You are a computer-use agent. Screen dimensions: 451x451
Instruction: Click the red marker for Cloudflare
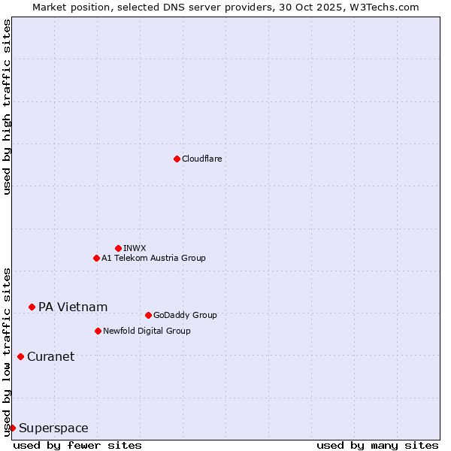tap(177, 159)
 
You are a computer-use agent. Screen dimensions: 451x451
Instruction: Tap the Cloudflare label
tap(202, 159)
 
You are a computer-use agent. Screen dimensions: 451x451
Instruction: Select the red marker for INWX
tap(118, 248)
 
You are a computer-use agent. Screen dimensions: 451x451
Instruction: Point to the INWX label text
tap(135, 248)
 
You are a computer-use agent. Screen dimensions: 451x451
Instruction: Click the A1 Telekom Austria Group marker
tap(96, 258)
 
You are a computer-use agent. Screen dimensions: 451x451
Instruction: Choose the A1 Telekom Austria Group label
tap(153, 258)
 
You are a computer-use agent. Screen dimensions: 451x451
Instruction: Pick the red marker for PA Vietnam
tap(32, 307)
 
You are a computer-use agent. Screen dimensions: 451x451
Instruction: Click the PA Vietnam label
tap(73, 307)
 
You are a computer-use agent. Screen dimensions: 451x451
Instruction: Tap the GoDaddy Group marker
tap(148, 315)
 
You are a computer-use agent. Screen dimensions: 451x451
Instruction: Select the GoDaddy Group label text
tap(185, 315)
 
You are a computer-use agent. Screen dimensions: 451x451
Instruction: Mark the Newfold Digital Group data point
tap(98, 331)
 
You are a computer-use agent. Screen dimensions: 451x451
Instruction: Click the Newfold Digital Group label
tap(147, 331)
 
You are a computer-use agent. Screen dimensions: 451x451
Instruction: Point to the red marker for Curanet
tap(20, 356)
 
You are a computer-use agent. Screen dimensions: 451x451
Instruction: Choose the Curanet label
tap(50, 356)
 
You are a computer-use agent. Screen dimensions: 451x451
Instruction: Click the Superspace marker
tap(12, 428)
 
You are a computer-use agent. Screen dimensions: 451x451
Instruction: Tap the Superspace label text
tap(53, 428)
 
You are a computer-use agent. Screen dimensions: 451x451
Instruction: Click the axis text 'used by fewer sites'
tap(77, 445)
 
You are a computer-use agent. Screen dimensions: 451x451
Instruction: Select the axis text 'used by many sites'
tap(377, 445)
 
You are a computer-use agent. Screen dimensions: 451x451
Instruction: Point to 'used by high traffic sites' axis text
tap(7, 107)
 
